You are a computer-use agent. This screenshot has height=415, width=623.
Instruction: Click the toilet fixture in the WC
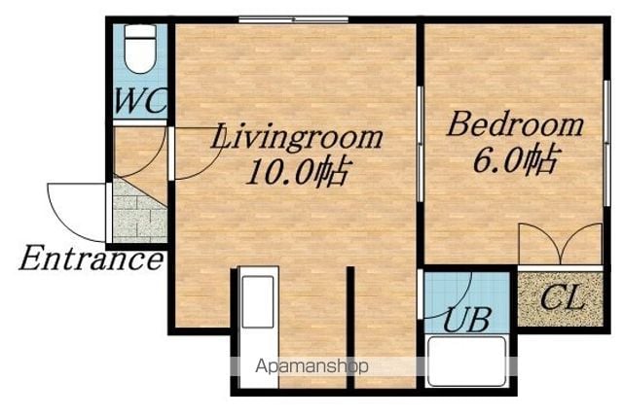[x=140, y=49]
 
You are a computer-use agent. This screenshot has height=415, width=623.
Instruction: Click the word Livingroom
[x=296, y=138]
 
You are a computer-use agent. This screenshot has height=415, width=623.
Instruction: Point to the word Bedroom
[x=515, y=124]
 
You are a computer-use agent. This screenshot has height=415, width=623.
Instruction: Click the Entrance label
[x=91, y=259]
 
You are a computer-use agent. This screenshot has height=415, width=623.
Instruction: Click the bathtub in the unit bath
[x=466, y=361]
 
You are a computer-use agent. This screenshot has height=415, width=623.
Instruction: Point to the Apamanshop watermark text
[x=311, y=366]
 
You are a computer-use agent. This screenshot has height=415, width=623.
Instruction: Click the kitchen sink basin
[x=258, y=302]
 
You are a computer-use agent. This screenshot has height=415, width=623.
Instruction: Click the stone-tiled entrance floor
[x=141, y=212]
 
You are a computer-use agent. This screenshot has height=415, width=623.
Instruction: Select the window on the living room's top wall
[x=294, y=19]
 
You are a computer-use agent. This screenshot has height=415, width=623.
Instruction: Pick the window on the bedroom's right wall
[x=606, y=143]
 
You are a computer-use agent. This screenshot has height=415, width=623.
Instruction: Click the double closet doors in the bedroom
[x=561, y=244]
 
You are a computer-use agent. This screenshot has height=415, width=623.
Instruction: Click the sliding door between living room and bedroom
[x=420, y=144]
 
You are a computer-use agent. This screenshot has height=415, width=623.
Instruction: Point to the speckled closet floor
[x=561, y=298]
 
